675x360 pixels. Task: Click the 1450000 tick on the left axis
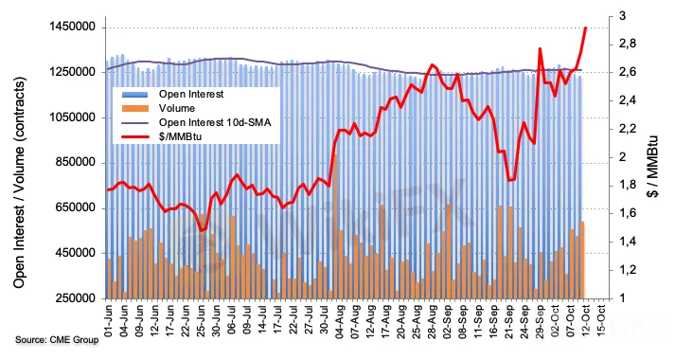[x=72, y=27]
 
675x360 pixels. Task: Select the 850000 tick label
[x=76, y=162]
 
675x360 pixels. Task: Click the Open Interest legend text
[x=191, y=94]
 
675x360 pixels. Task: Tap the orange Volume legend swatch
[x=134, y=108]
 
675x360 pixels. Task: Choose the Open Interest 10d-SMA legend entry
[x=215, y=122]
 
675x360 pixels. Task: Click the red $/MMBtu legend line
[x=134, y=136]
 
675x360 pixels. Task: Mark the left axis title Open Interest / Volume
[x=19, y=182]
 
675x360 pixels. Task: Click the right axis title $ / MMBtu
[x=653, y=166]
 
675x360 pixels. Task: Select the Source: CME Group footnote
[x=57, y=340]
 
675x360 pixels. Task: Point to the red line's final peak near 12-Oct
[x=586, y=27]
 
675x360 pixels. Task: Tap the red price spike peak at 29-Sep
[x=540, y=48]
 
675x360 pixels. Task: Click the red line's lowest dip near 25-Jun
[x=202, y=230]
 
